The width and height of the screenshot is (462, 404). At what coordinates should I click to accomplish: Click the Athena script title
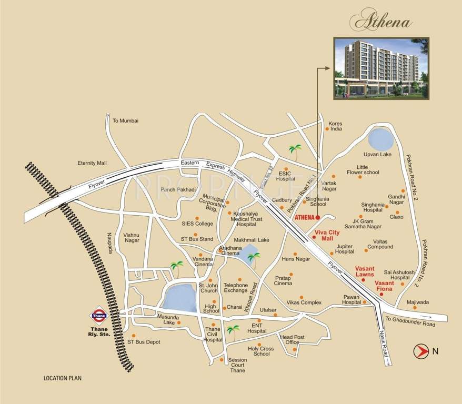click(x=383, y=22)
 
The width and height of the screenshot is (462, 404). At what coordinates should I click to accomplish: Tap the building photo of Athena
click(x=381, y=68)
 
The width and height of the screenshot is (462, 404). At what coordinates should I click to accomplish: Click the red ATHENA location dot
click(x=318, y=217)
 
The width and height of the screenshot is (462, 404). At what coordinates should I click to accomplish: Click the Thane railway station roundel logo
click(x=99, y=316)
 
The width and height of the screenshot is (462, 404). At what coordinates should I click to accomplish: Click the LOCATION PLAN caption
click(x=63, y=378)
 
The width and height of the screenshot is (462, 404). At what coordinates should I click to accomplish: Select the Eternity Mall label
click(x=92, y=163)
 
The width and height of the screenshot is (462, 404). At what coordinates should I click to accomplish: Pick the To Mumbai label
click(x=125, y=120)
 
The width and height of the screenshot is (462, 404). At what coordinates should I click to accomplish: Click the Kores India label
click(x=335, y=126)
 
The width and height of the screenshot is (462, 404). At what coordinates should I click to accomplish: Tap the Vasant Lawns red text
click(x=365, y=271)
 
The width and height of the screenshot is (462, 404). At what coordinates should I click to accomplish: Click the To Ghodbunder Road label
click(x=410, y=325)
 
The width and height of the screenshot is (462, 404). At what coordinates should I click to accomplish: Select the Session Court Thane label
click(x=237, y=365)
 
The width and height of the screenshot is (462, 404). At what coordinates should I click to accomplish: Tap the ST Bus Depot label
click(x=144, y=342)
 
